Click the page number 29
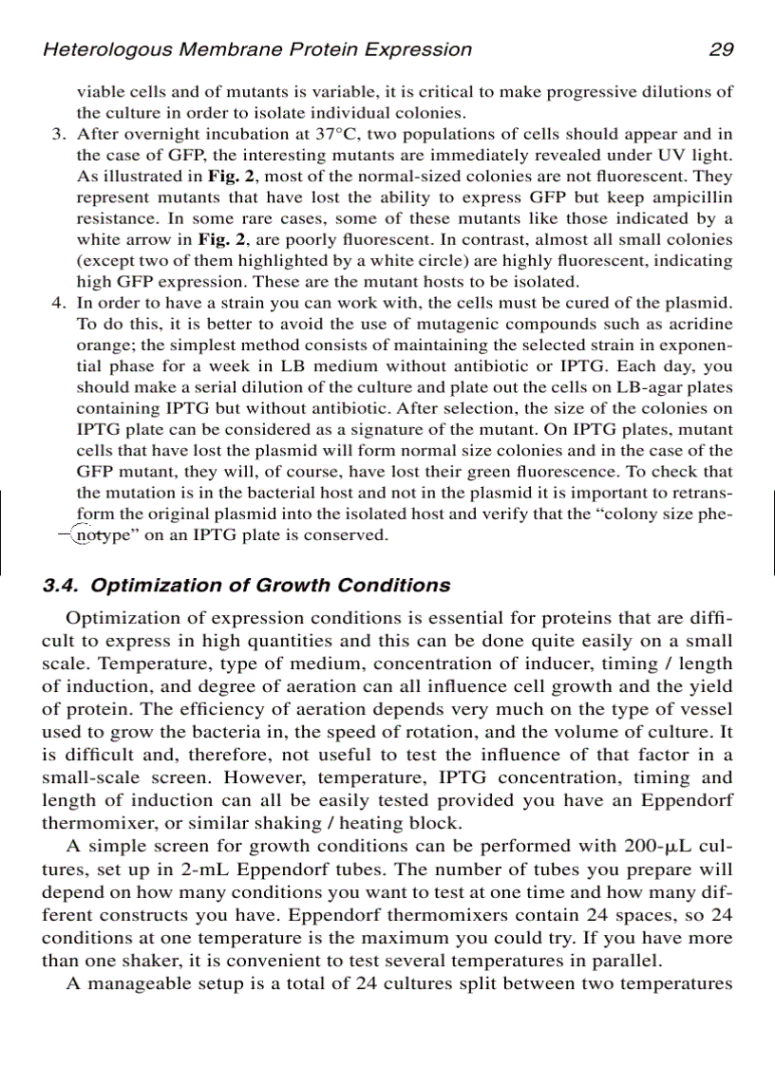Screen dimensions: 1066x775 point(721,50)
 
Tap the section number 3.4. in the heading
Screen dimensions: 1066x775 point(63,585)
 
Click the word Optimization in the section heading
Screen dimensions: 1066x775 point(149,585)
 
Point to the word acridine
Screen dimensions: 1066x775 point(701,324)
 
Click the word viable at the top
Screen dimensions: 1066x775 point(98,92)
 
